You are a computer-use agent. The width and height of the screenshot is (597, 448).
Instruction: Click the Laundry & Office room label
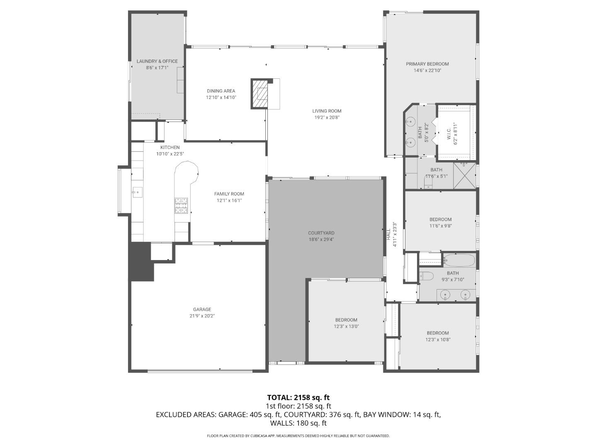coord(157,61)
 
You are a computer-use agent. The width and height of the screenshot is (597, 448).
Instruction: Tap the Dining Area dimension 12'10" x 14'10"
coord(221,97)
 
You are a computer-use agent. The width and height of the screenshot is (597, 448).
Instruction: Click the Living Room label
coord(327,111)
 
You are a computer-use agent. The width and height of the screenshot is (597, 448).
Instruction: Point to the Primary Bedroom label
coord(427,64)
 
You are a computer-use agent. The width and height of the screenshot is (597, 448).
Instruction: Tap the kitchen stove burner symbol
coord(181,205)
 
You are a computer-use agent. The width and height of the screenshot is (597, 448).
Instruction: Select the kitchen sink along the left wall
coord(137,192)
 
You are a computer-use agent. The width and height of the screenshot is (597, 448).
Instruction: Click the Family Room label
coord(229,194)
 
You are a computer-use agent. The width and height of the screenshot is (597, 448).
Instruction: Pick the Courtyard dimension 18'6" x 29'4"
coord(321,239)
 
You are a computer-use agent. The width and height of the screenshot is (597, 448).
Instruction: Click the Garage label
coord(202,309)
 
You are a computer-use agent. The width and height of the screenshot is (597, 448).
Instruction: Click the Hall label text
coord(389,235)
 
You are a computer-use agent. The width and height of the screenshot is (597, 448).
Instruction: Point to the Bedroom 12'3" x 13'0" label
coord(346,320)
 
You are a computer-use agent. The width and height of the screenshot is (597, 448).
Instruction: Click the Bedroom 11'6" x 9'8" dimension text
coord(440,226)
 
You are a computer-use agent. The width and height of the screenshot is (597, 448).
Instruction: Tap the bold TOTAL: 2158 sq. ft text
coord(298,397)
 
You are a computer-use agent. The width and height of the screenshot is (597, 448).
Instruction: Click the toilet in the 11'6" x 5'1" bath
coord(428,184)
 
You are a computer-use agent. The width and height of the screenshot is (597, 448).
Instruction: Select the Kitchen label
coord(170,147)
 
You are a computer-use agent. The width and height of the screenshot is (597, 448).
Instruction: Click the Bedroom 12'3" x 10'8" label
coord(438,333)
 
